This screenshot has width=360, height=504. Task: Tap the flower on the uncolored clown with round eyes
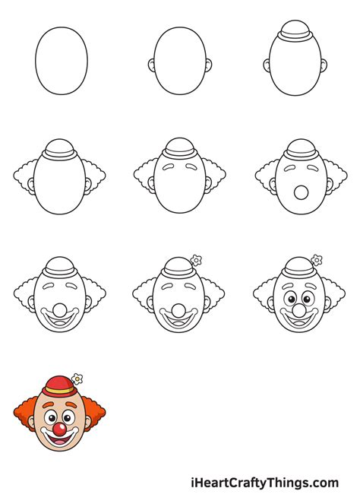tap(315, 259)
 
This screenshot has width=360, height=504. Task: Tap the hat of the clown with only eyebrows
tap(180, 149)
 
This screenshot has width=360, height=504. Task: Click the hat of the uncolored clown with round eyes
tap(298, 268)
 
